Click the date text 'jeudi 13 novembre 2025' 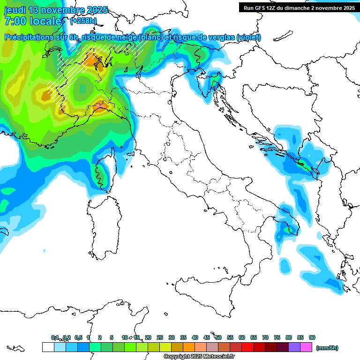(56, 10)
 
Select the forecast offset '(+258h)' (83, 21)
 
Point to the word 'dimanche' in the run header (306, 7)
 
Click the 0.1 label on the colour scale (55, 337)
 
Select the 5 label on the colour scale (112, 337)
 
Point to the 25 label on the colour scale (160, 337)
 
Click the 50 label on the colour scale (218, 337)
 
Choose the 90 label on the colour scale (312, 337)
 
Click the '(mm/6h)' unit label (327, 348)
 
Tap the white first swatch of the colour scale (48, 347)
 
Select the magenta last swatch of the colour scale (306, 347)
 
